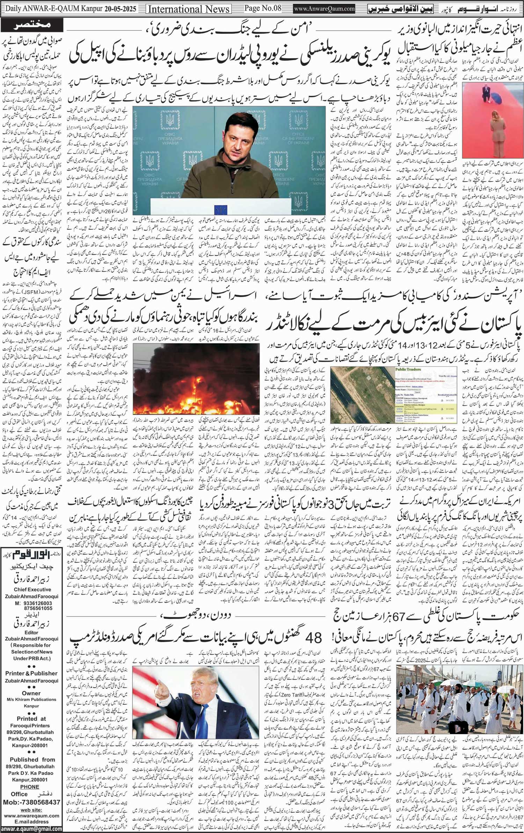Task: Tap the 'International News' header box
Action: pos(189,9)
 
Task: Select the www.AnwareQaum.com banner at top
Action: pos(325,9)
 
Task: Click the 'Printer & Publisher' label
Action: pos(31,673)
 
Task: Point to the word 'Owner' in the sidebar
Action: pos(31,693)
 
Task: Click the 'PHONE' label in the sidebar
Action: pos(30,787)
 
